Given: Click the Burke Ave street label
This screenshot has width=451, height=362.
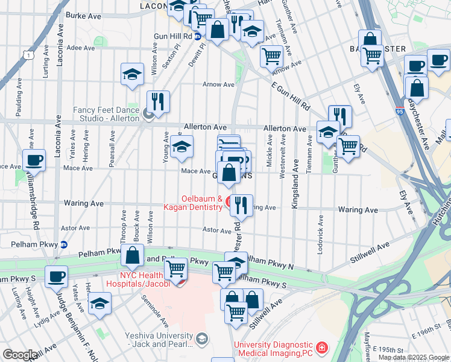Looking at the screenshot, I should (x=83, y=16).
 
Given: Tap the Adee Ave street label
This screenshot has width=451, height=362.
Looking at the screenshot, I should (x=81, y=47).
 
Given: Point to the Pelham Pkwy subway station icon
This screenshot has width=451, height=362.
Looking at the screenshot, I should (x=64, y=244).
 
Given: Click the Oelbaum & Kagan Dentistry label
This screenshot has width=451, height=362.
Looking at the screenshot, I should (x=202, y=203).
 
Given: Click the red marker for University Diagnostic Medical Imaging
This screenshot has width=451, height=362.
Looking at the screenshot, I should (x=323, y=348).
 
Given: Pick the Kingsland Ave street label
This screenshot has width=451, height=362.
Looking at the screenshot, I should (x=295, y=184).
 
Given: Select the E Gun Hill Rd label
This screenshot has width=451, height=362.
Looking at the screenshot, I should (x=290, y=97).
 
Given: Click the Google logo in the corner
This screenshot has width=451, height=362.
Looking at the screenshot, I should (x=20, y=355).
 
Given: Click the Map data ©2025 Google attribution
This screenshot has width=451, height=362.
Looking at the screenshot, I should (x=413, y=357).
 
